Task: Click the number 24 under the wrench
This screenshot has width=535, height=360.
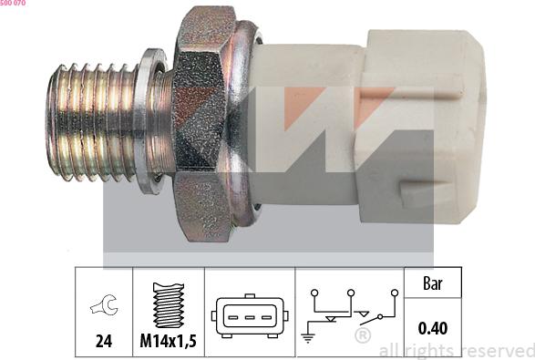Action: (x=104, y=341)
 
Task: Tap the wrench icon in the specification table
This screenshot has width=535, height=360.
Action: (x=105, y=304)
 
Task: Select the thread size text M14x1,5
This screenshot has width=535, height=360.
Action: (x=169, y=341)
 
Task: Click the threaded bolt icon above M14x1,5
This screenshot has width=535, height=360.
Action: (x=169, y=305)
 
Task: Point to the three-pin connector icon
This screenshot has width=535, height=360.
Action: (x=250, y=316)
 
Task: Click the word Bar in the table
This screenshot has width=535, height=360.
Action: (x=433, y=283)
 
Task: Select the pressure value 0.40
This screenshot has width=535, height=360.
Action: (x=433, y=328)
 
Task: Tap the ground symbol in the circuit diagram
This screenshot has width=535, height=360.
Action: (x=308, y=337)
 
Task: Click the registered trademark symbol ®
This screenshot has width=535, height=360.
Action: (x=363, y=335)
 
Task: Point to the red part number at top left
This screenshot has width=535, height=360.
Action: (x=13, y=3)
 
